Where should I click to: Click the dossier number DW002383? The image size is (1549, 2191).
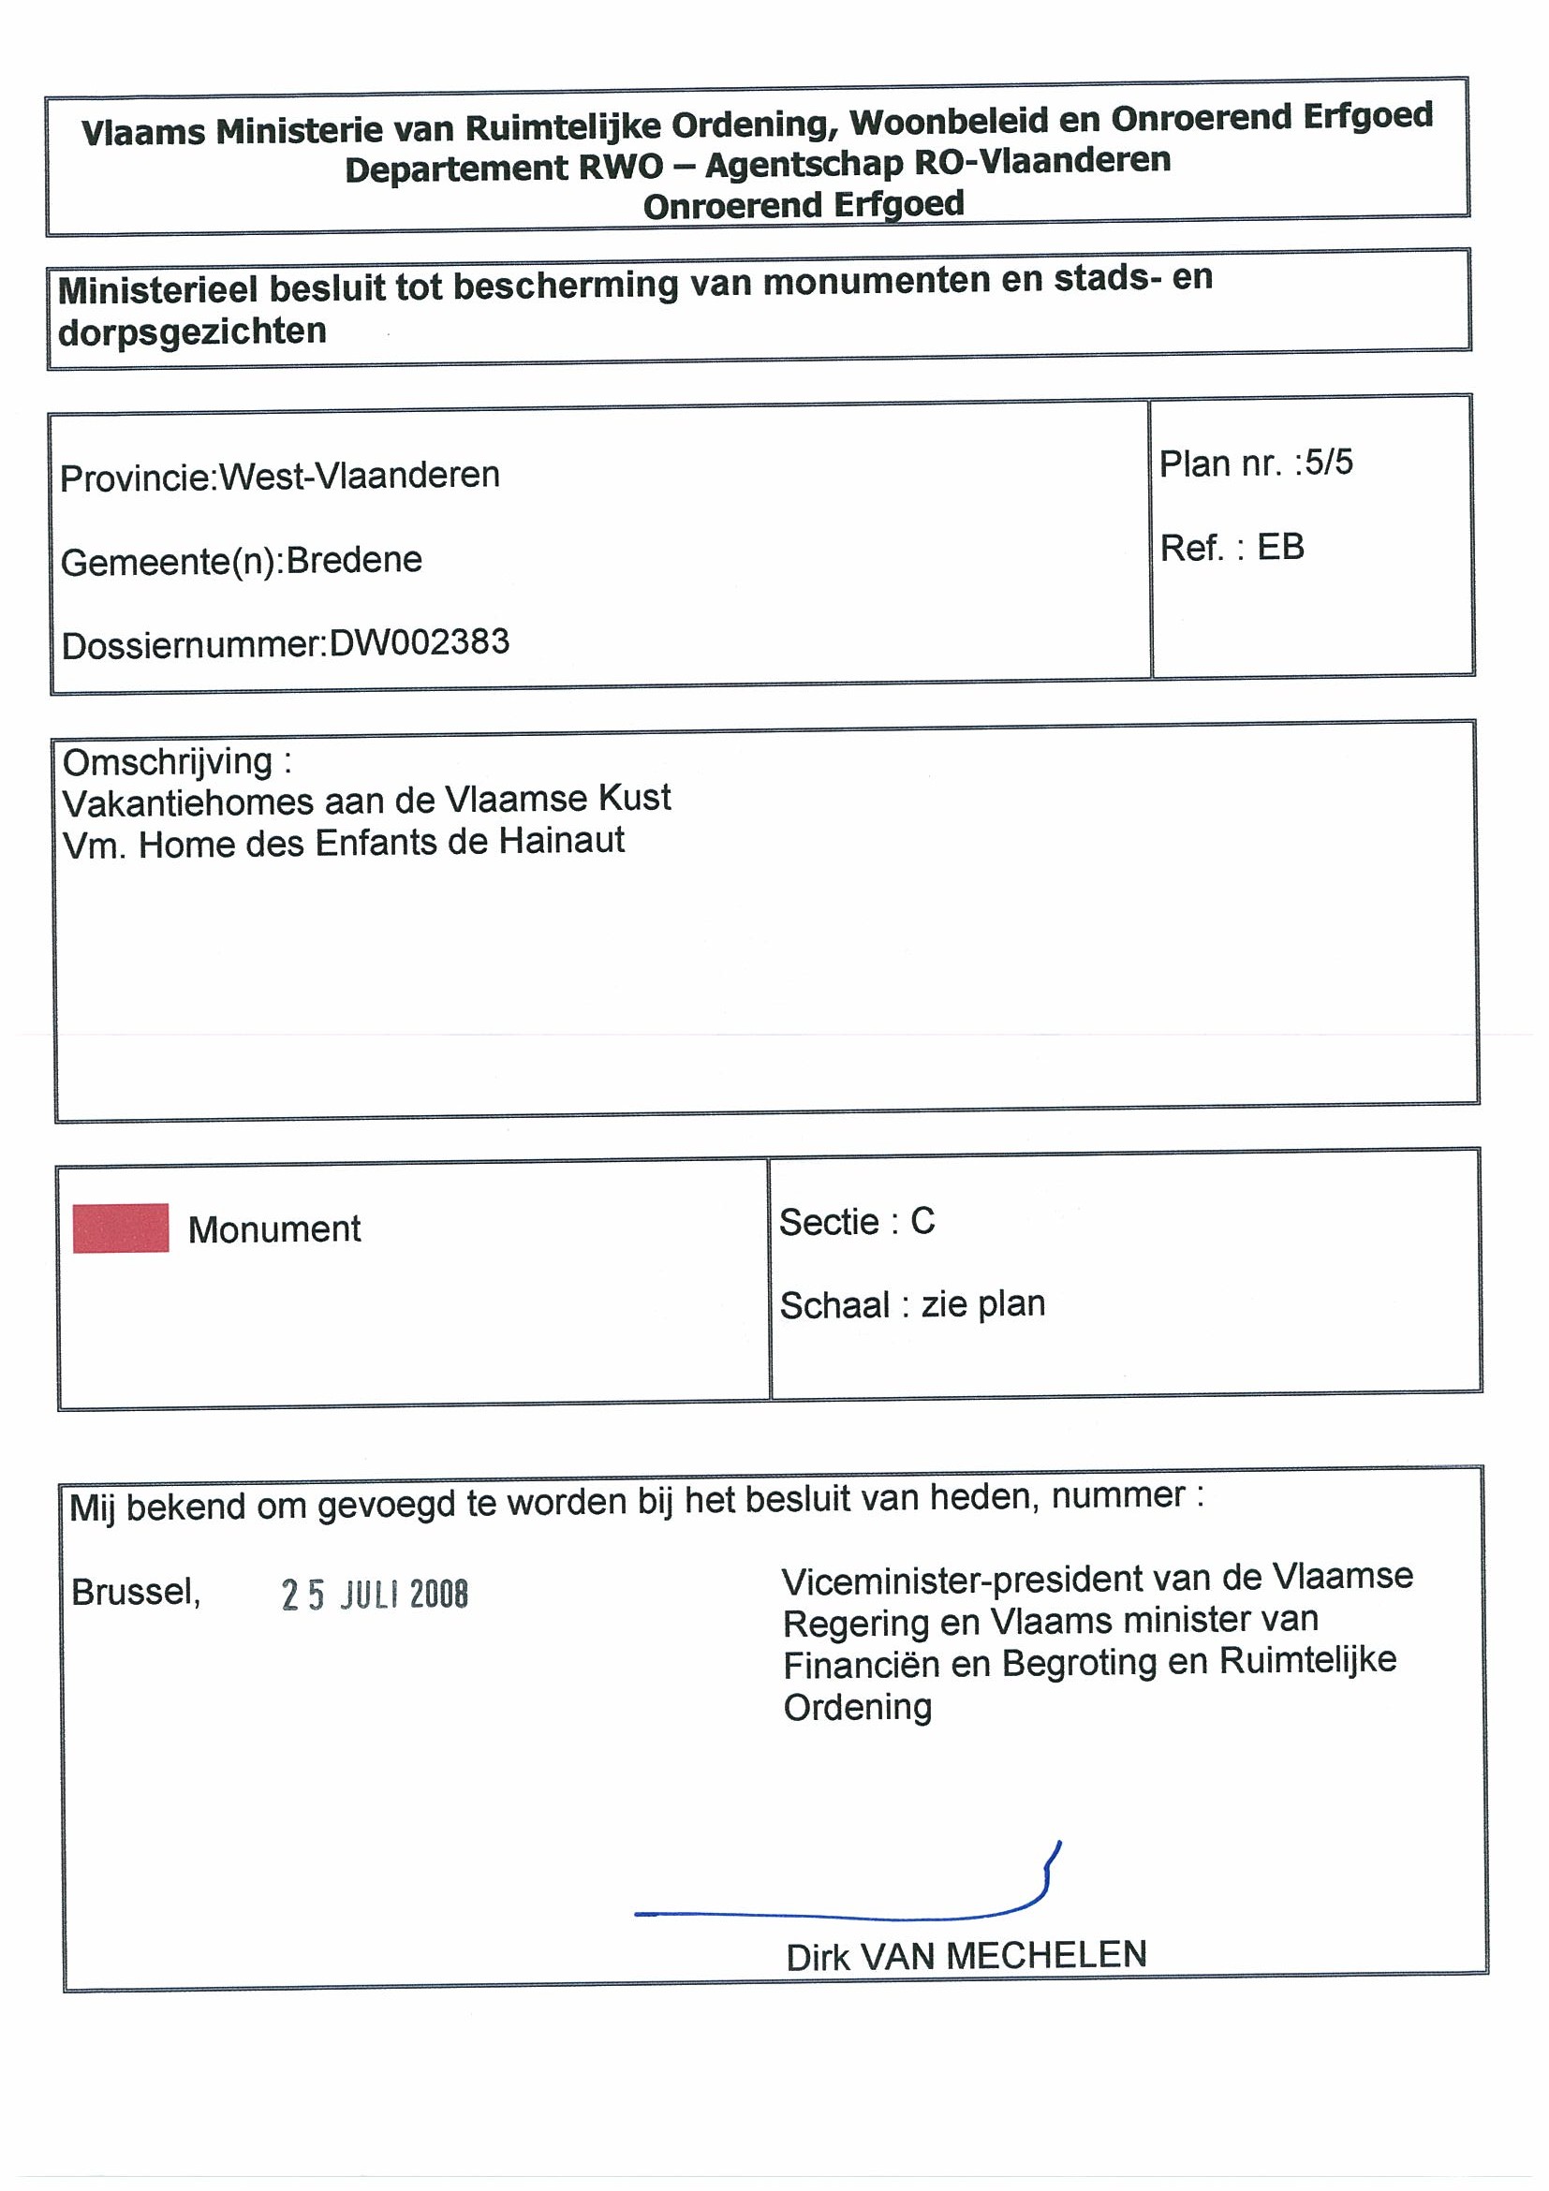tap(419, 642)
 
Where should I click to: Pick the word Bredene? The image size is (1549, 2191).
tap(354, 559)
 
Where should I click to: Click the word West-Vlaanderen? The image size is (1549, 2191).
tap(360, 476)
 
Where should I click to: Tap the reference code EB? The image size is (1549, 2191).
tap(1280, 547)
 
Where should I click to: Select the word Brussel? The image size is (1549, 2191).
tap(136, 1592)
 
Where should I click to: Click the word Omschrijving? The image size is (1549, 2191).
tap(168, 761)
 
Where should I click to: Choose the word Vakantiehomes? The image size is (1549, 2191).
tap(186, 801)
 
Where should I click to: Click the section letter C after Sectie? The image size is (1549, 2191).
tap(922, 1222)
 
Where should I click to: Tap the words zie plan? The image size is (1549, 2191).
tap(983, 1303)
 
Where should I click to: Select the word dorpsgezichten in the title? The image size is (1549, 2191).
tap(193, 331)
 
